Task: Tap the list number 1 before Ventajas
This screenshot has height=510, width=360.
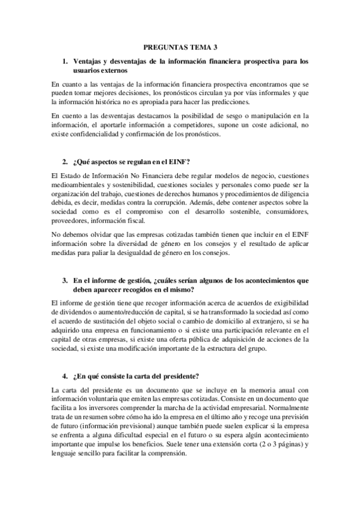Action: pyautogui.click(x=65, y=61)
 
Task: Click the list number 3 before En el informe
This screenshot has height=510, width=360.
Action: pyautogui.click(x=65, y=281)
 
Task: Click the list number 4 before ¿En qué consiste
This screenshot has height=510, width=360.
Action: pyautogui.click(x=65, y=377)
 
